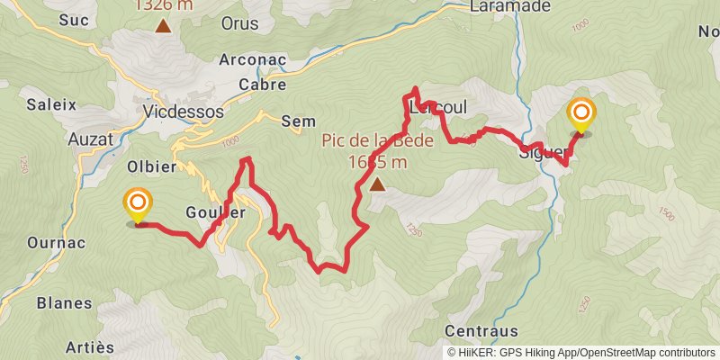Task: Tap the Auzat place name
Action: point(90,139)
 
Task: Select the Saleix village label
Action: point(51,103)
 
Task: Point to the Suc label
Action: point(72,19)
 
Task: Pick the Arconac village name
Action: point(252,60)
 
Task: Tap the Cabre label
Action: point(262,85)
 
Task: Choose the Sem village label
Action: point(298,121)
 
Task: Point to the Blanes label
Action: point(64,303)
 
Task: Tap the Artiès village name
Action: point(91,347)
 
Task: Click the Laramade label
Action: point(510,6)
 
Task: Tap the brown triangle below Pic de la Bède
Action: point(376,184)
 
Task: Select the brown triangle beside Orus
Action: point(163,24)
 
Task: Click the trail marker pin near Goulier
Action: point(138,205)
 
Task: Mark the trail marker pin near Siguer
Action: point(580,114)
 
